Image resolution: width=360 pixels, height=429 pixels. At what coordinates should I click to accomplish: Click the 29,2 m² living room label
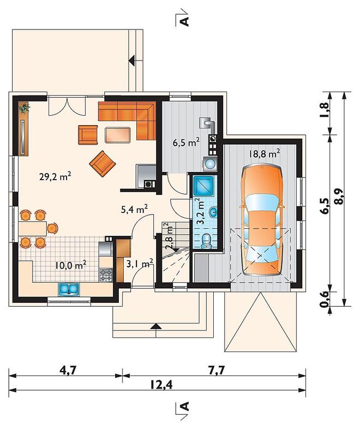coord(56,177)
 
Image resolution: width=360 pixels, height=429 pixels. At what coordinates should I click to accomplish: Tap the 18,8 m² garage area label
coord(264,153)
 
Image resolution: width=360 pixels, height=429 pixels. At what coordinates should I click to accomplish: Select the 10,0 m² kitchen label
coord(71,265)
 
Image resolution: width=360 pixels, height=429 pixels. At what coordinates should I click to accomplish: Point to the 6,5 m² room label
coord(186,142)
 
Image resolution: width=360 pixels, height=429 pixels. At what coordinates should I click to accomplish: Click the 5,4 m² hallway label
coord(135,210)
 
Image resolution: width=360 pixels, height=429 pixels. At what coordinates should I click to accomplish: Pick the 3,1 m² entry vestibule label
coord(140,264)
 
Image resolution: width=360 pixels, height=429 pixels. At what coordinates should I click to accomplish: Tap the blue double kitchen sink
coord(69,289)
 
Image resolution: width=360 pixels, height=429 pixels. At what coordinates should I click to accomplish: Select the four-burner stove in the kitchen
coord(106,275)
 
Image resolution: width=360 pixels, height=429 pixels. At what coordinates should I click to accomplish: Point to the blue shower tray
coord(203,186)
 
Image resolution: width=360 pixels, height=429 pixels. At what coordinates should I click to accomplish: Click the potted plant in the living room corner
coord(24,108)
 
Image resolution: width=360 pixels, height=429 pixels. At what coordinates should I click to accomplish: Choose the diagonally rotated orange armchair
coord(103,164)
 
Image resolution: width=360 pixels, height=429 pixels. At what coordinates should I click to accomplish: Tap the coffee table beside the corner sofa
coord(117,135)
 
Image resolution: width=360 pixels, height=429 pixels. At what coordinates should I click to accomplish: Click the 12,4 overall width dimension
coord(161,385)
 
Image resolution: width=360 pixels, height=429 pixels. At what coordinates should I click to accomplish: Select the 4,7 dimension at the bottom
coord(67,370)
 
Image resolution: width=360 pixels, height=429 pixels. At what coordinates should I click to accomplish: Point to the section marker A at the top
coord(185,21)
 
